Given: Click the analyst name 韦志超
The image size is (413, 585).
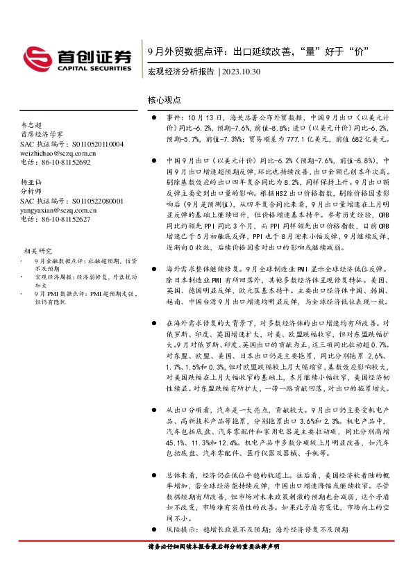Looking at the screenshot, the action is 30,124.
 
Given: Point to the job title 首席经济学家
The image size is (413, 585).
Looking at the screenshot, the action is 41,134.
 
